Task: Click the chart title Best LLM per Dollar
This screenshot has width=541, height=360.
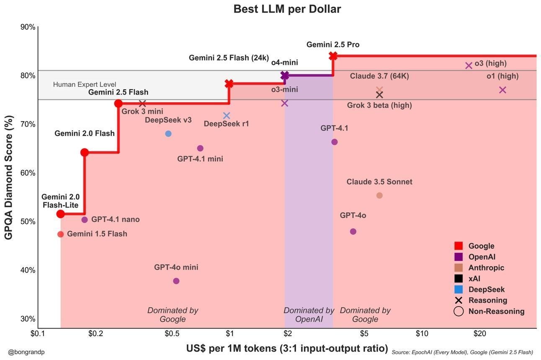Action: tap(287, 9)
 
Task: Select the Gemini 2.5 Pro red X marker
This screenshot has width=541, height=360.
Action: tap(333, 56)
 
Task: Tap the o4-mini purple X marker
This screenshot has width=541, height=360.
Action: tap(285, 75)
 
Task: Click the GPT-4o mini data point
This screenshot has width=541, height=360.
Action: tap(176, 281)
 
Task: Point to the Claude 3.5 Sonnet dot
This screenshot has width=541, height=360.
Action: tap(379, 195)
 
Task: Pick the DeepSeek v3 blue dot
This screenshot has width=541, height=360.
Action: tap(168, 134)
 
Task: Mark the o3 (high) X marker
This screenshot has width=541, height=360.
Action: tap(469, 65)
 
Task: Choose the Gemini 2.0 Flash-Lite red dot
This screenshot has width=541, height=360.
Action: tap(60, 214)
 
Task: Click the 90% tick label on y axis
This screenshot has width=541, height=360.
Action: tap(28, 27)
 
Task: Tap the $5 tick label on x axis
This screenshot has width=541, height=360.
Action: tap(364, 334)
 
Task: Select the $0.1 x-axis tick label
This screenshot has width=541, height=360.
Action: tap(38, 334)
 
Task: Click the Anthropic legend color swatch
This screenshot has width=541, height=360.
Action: tap(459, 268)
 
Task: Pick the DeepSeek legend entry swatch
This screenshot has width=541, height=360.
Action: tap(459, 290)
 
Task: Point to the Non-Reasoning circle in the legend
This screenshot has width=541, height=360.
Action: tap(459, 311)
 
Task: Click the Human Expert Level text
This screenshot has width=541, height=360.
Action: tap(85, 85)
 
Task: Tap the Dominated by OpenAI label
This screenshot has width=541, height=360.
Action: tap(309, 315)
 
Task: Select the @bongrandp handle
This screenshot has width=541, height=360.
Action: tap(26, 352)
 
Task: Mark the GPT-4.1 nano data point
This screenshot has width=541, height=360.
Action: tap(85, 220)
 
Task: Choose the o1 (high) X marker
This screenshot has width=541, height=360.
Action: tap(502, 90)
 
